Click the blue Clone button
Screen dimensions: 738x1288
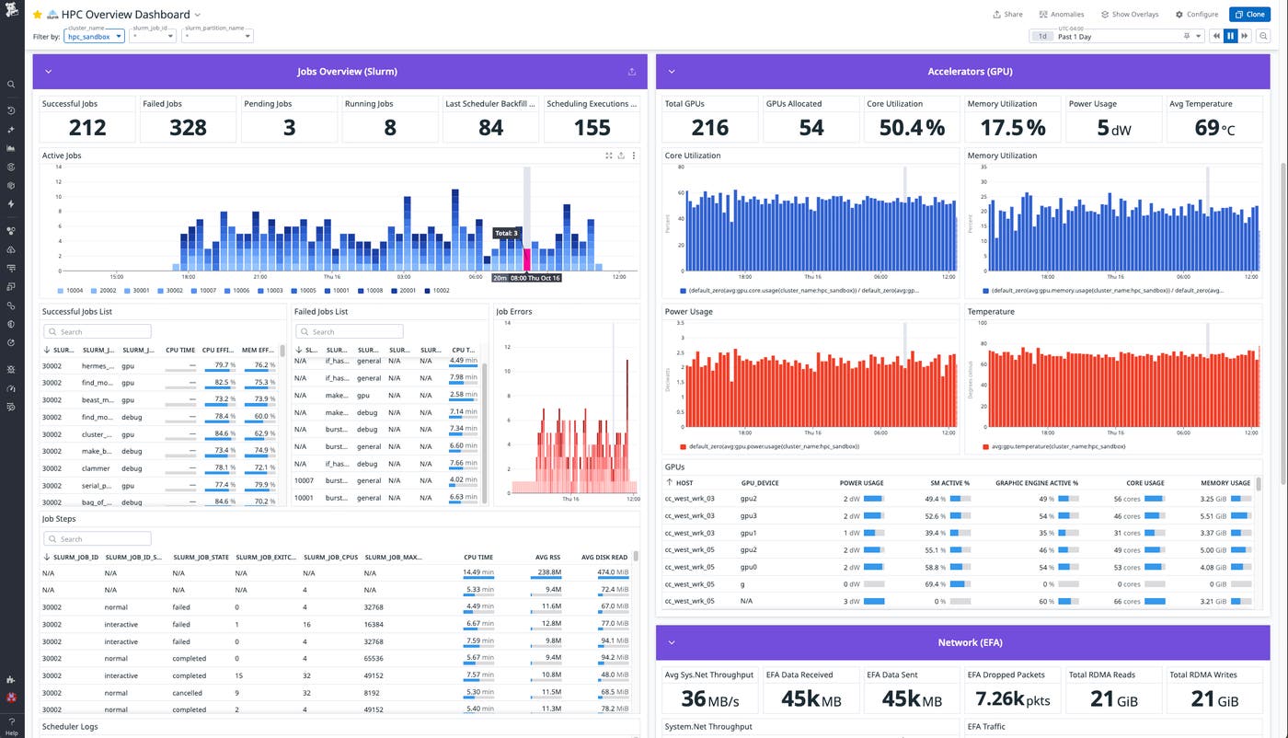pos(1249,15)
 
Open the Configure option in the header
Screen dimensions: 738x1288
pos(1197,15)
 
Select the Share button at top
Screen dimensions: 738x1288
pos(1007,15)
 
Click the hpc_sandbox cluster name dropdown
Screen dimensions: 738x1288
pos(94,37)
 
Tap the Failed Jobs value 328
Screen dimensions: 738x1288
pos(188,128)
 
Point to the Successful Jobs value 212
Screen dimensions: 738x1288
pos(87,128)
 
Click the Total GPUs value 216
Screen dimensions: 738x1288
pos(710,128)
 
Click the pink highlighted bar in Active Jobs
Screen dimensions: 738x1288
pos(527,259)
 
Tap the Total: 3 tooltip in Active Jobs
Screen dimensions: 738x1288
pos(505,234)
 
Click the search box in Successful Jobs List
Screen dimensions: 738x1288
pos(97,331)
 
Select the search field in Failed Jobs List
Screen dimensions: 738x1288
pos(349,331)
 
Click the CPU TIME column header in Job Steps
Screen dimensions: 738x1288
pos(477,557)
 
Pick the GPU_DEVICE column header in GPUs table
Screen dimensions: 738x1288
pos(760,482)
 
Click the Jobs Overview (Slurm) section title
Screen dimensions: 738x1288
pos(347,71)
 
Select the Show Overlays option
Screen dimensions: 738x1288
pos(1133,15)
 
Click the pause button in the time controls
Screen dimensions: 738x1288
pos(1230,36)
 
